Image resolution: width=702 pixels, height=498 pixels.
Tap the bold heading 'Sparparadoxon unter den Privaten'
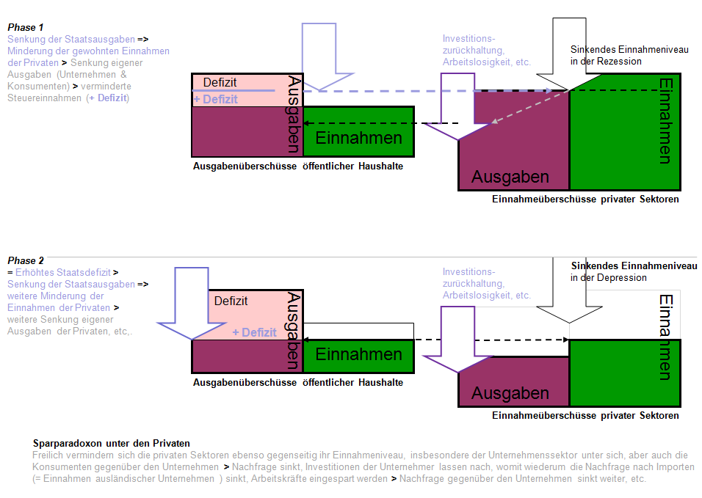tap(112, 444)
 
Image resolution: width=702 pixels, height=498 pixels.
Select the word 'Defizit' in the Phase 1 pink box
tap(220, 83)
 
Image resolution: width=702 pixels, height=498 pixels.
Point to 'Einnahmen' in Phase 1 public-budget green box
tap(359, 138)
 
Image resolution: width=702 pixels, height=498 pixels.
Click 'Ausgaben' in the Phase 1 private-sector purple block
tap(510, 177)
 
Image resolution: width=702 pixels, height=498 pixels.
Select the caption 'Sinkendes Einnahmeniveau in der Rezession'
tap(629, 55)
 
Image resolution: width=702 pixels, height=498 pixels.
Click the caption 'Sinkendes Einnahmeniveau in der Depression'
tap(634, 271)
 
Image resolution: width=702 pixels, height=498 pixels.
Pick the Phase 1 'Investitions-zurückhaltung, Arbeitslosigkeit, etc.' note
tap(486, 51)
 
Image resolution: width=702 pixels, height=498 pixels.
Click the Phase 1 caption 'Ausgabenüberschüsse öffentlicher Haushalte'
tap(298, 166)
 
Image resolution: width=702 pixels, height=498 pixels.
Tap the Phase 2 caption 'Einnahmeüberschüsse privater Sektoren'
tap(585, 416)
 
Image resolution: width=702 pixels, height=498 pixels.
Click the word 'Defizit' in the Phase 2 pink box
tap(231, 301)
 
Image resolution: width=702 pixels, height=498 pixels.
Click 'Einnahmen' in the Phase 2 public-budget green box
tap(359, 355)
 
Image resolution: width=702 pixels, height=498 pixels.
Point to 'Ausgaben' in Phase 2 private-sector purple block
tap(510, 393)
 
